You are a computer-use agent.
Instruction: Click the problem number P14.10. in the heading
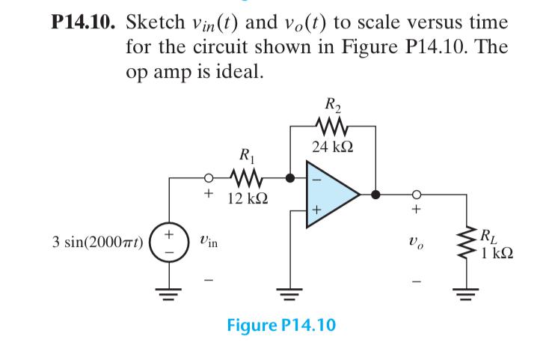pyautogui.click(x=80, y=22)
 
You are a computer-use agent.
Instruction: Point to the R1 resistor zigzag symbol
pyautogui.click(x=246, y=178)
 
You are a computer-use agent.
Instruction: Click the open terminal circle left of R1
pyautogui.click(x=211, y=179)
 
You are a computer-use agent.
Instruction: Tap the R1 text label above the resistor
pyautogui.click(x=246, y=159)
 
